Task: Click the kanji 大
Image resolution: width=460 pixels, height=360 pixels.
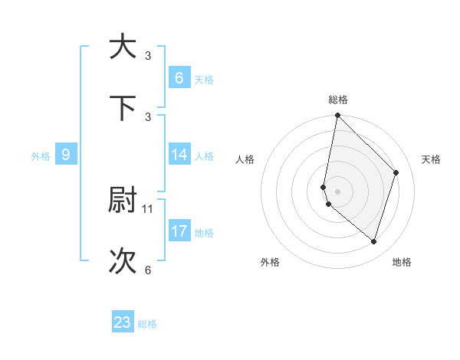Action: [x=123, y=47]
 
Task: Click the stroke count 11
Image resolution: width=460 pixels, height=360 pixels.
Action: [x=148, y=208]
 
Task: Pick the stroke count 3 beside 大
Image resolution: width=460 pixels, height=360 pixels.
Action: [x=148, y=55]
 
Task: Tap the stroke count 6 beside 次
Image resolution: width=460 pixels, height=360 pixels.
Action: [x=148, y=270]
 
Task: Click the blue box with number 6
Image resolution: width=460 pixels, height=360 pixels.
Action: [x=179, y=77]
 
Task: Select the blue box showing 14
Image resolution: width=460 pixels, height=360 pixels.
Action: [x=179, y=155]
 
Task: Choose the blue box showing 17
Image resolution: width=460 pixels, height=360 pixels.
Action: [x=179, y=231]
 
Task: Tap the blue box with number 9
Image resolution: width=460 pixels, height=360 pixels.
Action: [x=66, y=155]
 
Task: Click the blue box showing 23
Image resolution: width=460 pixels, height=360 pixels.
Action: [x=123, y=322]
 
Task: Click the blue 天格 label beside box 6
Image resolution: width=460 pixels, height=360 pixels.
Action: [x=204, y=80]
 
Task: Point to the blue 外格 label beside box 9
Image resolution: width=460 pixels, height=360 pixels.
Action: [x=41, y=156]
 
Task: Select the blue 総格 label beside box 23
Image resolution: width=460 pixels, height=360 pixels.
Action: [x=147, y=324]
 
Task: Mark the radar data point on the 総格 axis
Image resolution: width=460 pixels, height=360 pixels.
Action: [x=337, y=116]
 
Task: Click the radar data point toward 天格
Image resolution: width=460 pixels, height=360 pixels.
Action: [x=396, y=172]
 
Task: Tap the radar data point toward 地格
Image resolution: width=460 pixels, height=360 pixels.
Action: [x=373, y=241]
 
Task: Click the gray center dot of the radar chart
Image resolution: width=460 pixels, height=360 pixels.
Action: [x=337, y=191]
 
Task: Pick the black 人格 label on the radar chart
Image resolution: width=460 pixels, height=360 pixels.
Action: [x=245, y=159]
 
